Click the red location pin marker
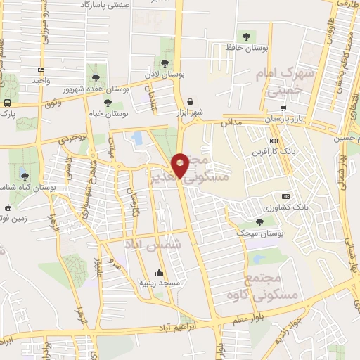(180, 165)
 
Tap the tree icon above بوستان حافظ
(245, 36)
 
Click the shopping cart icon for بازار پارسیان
(283, 108)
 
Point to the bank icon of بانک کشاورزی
(285, 196)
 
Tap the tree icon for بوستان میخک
(260, 222)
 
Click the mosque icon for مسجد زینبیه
(159, 272)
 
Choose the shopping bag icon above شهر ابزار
(191, 101)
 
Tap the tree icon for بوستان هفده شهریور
(96, 78)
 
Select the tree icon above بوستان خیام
(108, 103)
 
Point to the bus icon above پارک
(7, 103)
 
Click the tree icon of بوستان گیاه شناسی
(25, 176)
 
